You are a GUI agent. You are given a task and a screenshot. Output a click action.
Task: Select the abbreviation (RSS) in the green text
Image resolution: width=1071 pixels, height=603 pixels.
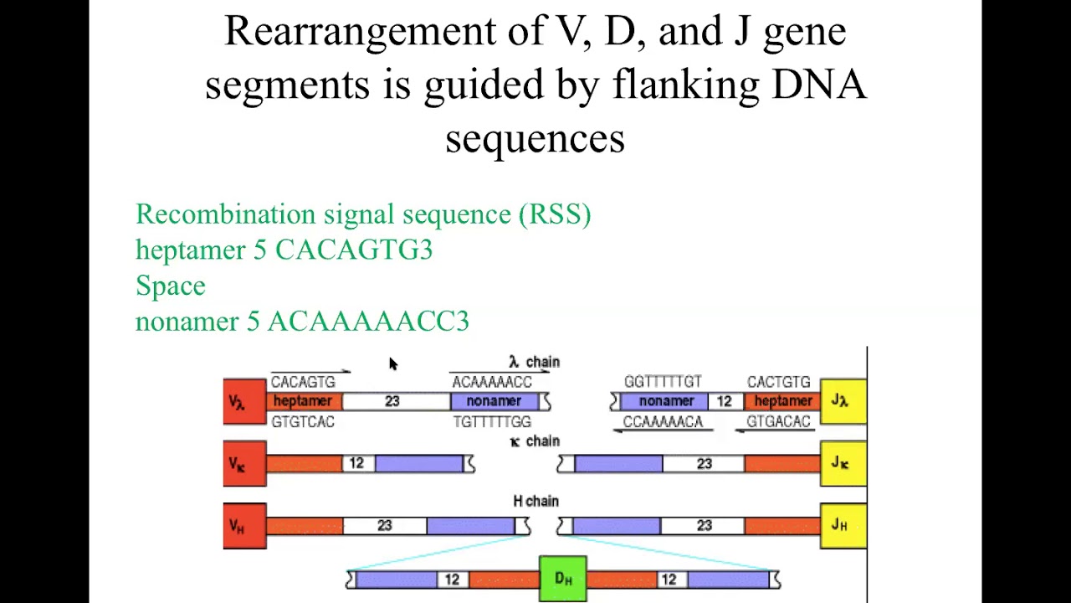point(555,214)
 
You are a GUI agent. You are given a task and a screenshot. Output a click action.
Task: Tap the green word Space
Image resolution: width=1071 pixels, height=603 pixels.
point(171,286)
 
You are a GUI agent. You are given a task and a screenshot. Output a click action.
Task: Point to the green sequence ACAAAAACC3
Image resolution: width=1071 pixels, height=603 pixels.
point(368,322)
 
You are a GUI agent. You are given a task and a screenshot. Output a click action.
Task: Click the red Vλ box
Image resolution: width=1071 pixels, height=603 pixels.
point(243,402)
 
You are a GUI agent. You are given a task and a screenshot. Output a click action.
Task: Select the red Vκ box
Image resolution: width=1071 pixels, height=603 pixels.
point(243,464)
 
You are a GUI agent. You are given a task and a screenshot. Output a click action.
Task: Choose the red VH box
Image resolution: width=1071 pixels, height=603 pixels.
point(243,526)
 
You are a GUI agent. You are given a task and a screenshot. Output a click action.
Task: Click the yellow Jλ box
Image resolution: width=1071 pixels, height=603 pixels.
point(843,402)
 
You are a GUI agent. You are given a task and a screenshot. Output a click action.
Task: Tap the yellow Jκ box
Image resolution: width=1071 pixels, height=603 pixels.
point(843,464)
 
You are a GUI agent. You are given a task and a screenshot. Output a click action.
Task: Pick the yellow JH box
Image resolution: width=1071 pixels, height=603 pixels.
point(843,526)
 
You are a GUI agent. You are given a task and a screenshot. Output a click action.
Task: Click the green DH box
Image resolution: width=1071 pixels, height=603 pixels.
point(562,579)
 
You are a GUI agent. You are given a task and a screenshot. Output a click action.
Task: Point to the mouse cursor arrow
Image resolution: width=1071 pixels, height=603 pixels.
point(392,363)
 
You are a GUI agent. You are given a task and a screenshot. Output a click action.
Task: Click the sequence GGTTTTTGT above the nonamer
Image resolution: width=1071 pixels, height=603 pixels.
point(663,382)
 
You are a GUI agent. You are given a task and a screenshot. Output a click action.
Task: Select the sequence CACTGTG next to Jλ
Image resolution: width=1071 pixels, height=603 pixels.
point(778,382)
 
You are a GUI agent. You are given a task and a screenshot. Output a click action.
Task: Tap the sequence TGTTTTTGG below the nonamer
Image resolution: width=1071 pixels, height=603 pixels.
point(492,422)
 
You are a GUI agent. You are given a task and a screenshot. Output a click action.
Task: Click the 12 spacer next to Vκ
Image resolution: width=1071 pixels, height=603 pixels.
point(357,464)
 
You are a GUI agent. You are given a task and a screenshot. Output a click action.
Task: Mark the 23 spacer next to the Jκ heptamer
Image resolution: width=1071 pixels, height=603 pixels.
point(704,464)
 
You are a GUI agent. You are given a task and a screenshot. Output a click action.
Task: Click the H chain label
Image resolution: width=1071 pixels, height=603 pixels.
point(535,501)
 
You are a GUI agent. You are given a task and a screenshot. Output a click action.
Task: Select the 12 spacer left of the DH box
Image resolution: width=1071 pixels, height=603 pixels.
point(452,580)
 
